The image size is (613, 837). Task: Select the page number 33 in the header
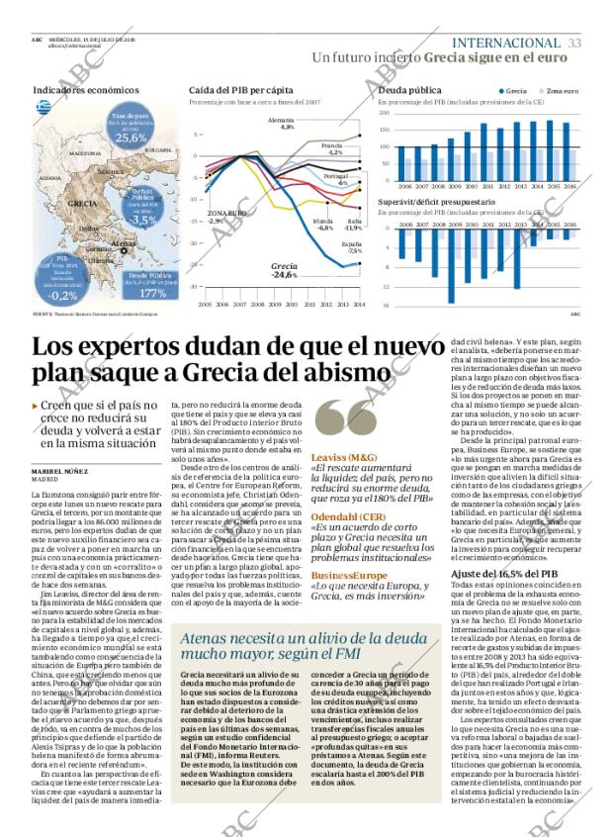(574, 43)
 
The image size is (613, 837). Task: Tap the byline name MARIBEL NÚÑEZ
(62, 470)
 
